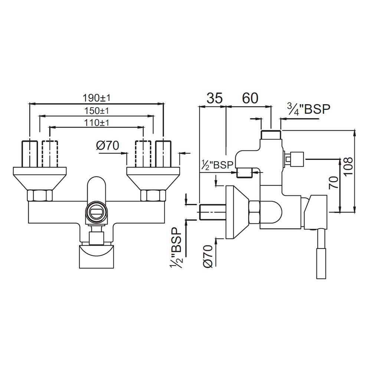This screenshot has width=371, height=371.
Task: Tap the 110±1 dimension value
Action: (96, 122)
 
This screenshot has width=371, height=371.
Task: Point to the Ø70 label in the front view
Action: (108, 146)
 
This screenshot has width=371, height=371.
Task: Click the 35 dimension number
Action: (214, 98)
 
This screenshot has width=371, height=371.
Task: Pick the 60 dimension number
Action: (250, 98)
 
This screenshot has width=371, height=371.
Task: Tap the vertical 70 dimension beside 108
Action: (334, 183)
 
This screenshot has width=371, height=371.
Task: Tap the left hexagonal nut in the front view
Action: (40, 195)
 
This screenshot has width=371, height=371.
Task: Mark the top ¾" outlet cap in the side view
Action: (271, 134)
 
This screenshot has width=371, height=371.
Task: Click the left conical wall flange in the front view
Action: (40, 178)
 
